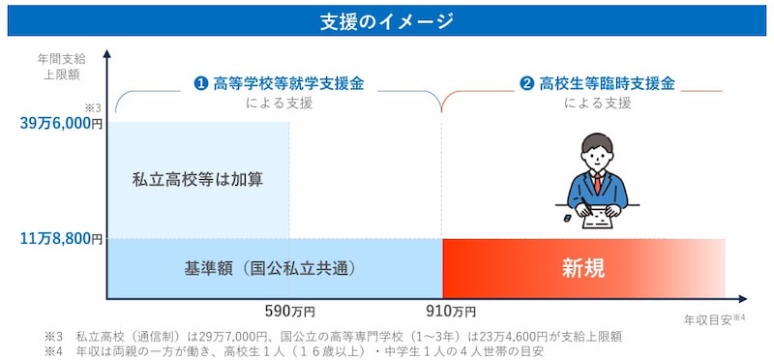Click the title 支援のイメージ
click(x=387, y=21)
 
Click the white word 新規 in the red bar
click(x=582, y=268)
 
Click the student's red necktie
click(x=598, y=183)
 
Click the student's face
click(x=597, y=156)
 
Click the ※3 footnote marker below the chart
click(x=51, y=336)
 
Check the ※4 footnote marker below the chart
click(x=51, y=350)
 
